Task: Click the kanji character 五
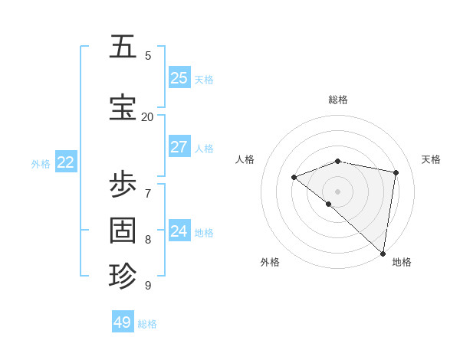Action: [123, 47]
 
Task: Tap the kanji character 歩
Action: [123, 185]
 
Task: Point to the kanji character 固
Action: [123, 230]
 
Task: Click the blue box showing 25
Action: [179, 77]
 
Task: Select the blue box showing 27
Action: [179, 147]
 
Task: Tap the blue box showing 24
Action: [179, 231]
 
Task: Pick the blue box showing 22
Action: [66, 162]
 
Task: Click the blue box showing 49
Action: [123, 322]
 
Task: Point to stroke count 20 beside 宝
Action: [147, 116]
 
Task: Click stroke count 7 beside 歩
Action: [148, 192]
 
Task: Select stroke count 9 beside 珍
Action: [148, 285]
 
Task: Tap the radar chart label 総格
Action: [338, 100]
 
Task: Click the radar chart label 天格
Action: [431, 159]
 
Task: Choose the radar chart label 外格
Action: [270, 262]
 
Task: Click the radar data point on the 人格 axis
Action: [294, 177]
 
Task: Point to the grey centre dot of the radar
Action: [337, 191]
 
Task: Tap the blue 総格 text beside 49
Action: [147, 324]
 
